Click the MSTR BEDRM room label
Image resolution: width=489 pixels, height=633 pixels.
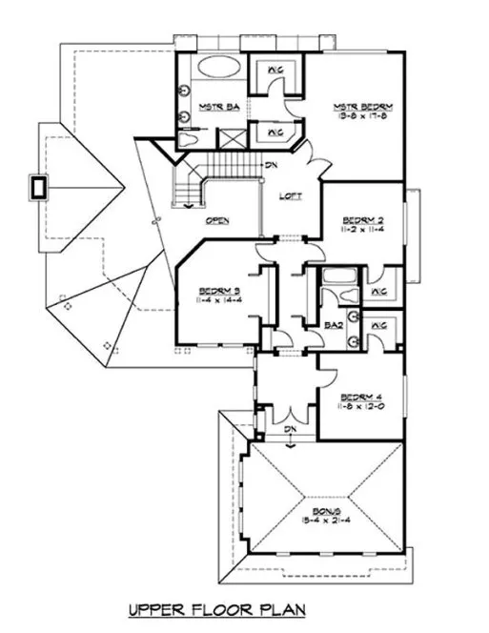pos(364,106)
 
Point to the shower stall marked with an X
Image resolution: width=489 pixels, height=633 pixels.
pos(231,138)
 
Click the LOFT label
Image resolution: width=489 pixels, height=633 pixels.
pos(291,196)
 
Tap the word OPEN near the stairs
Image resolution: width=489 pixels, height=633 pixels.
pos(217,219)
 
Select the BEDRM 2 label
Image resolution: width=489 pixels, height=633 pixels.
pos(361,218)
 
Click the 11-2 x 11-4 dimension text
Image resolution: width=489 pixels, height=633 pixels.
pos(361,230)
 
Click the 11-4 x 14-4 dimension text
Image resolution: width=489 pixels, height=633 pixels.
pos(217,301)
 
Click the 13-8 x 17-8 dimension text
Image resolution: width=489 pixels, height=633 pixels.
pos(364,117)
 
